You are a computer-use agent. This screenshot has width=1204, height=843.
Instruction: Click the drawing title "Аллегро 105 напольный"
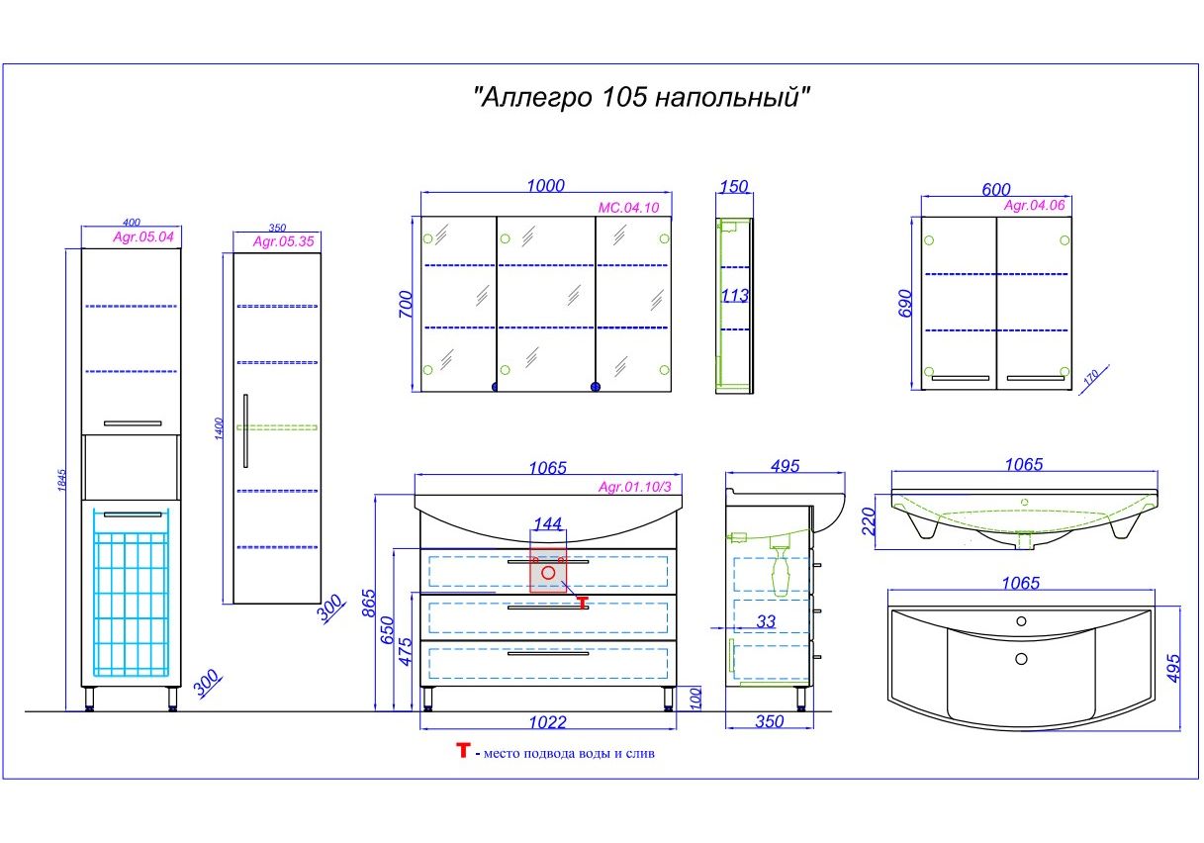(x=642, y=98)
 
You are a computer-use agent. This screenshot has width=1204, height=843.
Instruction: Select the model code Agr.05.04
(x=143, y=237)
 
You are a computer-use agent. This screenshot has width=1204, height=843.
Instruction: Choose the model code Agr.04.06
(x=1034, y=206)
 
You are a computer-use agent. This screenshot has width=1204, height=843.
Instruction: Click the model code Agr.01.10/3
(x=634, y=486)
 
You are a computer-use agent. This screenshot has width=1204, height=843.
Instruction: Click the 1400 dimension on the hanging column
(x=222, y=428)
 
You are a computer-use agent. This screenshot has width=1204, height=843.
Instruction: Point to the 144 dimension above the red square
(x=548, y=523)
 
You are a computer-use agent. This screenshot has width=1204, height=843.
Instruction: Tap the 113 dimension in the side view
(x=734, y=296)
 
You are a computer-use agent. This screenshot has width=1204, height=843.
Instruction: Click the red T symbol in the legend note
(x=462, y=751)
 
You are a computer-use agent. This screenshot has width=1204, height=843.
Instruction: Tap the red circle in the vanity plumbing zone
(x=548, y=573)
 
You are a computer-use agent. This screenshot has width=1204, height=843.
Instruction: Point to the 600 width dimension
(x=996, y=189)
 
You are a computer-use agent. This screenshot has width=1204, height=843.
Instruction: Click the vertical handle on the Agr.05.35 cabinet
(x=245, y=429)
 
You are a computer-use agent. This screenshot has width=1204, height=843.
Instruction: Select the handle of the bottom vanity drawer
(x=547, y=653)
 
